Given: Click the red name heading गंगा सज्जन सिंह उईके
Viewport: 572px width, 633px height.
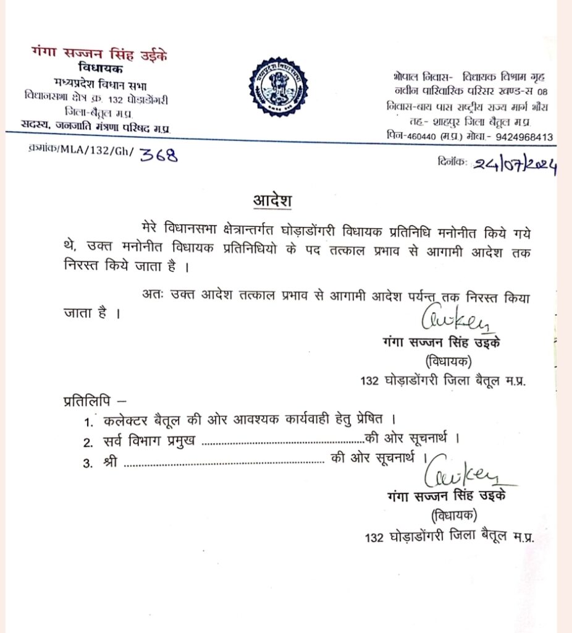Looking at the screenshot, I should (99, 54).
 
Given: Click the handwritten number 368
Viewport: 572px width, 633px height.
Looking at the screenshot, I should (158, 155).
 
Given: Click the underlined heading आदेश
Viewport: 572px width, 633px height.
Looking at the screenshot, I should (271, 201).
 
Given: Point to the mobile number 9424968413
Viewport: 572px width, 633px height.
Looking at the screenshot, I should (520, 137).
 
